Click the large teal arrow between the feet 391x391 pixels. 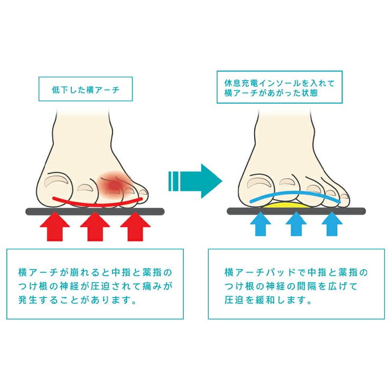196,181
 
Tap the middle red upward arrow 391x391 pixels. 95,227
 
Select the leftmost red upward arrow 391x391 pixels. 54,227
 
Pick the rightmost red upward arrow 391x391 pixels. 135,227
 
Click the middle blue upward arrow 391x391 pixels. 296,224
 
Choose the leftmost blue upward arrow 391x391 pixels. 260,224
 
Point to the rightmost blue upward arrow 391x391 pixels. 332,224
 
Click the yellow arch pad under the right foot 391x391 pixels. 285,205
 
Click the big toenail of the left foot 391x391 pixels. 57,181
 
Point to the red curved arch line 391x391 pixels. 98,204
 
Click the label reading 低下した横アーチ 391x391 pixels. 86,90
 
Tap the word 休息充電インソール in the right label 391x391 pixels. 262,83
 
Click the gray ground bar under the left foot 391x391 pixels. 95,212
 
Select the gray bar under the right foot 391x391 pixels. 296,211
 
